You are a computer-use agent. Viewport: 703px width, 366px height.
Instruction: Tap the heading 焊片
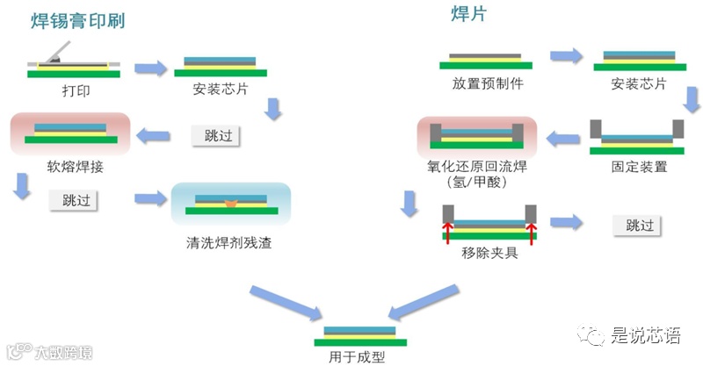[469, 14]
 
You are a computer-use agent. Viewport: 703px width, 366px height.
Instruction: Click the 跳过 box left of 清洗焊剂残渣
[74, 199]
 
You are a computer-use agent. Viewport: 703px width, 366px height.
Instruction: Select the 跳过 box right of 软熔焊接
[215, 135]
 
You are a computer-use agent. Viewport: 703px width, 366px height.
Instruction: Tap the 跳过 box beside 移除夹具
[640, 225]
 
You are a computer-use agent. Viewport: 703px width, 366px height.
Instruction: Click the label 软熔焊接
[69, 164]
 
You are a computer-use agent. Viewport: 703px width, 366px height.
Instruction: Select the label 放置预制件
[488, 84]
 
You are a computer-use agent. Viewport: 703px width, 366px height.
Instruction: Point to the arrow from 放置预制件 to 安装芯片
[566, 56]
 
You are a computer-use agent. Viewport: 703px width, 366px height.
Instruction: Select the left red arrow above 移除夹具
[447, 231]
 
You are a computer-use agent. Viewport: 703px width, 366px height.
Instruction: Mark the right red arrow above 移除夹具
[530, 231]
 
